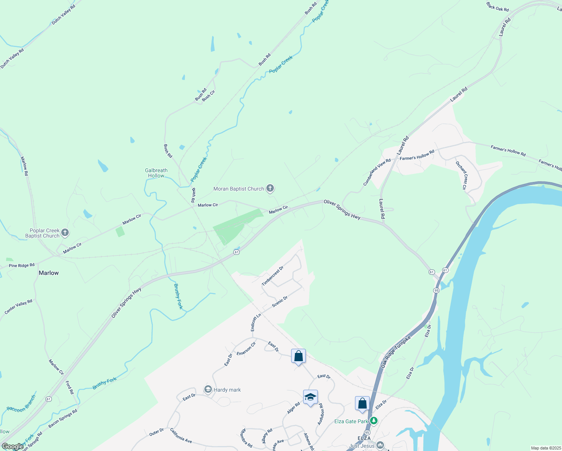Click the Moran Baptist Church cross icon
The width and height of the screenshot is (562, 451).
(x=270, y=188)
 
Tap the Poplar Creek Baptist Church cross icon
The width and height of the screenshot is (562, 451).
(x=65, y=233)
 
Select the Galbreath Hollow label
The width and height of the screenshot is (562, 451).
(x=156, y=173)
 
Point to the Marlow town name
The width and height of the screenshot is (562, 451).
(x=49, y=273)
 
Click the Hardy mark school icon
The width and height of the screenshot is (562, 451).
(x=208, y=389)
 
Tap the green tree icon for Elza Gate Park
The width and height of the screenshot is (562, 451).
(x=373, y=421)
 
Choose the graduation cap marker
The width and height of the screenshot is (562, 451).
(x=310, y=397)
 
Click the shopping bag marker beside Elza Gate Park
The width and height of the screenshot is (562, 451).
(x=362, y=404)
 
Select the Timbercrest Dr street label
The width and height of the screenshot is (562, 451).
(x=272, y=276)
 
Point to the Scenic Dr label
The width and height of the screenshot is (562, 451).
(x=279, y=301)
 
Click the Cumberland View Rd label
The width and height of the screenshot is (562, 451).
(x=377, y=172)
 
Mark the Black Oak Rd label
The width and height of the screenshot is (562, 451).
(x=497, y=7)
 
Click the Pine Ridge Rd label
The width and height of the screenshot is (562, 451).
(x=22, y=265)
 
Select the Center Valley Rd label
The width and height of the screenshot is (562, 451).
(x=18, y=307)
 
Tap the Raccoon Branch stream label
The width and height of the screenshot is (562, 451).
(x=21, y=404)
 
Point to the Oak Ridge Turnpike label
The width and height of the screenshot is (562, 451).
(x=396, y=352)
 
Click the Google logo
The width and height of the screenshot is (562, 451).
(x=12, y=446)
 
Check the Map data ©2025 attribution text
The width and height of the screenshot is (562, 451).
(x=545, y=448)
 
